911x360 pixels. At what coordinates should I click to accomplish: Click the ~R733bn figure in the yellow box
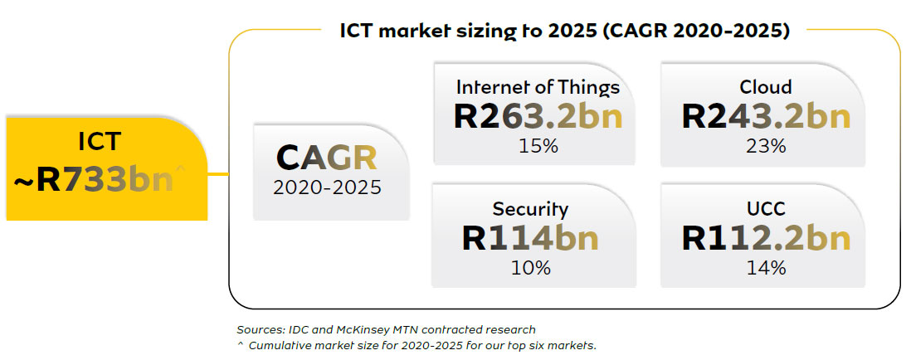tap(95, 181)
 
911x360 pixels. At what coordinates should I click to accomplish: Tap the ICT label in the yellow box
tap(100, 142)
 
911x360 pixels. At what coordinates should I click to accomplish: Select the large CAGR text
tap(327, 158)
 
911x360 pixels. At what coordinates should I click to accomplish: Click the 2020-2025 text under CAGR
tap(327, 187)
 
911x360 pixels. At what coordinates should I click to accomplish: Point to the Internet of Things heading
tap(538, 87)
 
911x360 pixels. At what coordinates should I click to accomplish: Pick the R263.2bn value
tap(538, 116)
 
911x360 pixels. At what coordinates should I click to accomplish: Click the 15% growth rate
tap(538, 145)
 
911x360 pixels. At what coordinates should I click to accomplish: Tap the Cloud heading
tap(766, 87)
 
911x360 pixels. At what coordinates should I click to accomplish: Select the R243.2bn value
tap(766, 116)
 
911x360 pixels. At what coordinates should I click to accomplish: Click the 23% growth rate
tap(766, 145)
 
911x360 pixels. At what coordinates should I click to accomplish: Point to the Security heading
tap(530, 209)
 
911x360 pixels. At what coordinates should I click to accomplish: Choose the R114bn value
tap(530, 238)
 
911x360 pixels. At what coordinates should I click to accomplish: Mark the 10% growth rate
tap(530, 267)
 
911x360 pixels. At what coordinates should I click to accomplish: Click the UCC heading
tap(766, 208)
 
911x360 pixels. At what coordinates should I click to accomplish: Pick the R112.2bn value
tap(766, 238)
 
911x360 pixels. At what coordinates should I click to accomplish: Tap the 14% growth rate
tap(766, 267)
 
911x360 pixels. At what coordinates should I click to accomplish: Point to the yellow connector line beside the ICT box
tap(218, 173)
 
